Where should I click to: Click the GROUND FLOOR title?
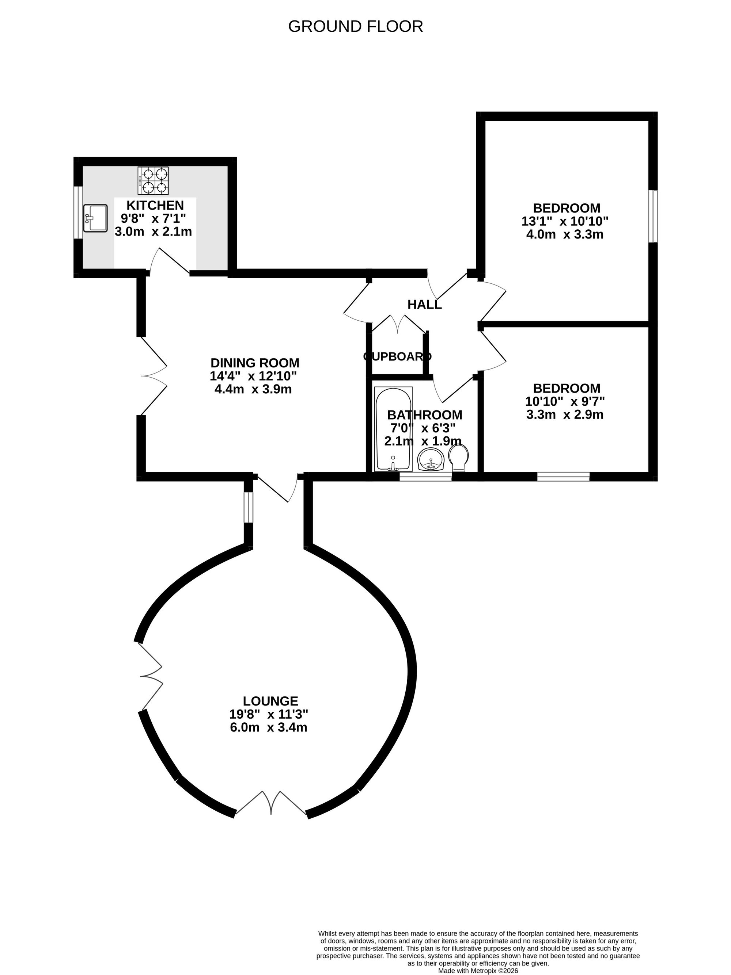pos(355,26)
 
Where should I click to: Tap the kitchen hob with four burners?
pos(153,180)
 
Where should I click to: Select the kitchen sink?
pos(95,218)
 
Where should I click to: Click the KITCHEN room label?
pos(155,205)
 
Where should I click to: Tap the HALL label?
pos(424,304)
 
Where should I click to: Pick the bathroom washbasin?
pos(431,460)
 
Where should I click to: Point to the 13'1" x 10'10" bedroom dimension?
pos(565,221)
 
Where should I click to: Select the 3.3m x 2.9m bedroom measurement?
pos(565,414)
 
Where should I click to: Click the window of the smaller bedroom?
pos(563,477)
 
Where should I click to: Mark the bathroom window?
pos(426,477)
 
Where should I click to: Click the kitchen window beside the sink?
pos(78,213)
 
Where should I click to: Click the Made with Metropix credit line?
pos(478,971)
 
